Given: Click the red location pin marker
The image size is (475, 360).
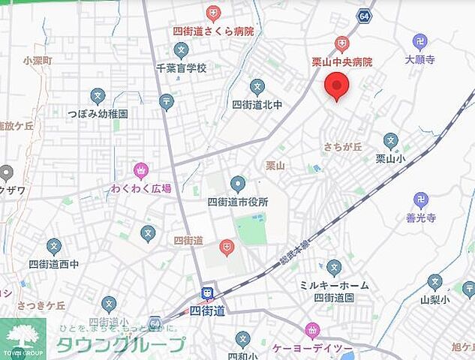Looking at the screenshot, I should coord(336,85).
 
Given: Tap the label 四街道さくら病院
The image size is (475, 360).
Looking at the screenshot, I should coord(213,31).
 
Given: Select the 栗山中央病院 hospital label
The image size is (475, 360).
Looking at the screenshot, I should coord(342,61).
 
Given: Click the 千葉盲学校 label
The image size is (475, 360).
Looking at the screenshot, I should coord(181,67).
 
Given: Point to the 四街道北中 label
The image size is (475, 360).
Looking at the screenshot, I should coord(257,104).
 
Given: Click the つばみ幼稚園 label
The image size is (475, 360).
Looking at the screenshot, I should coord(98,114).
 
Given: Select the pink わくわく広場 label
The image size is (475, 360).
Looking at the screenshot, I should coord(140,188).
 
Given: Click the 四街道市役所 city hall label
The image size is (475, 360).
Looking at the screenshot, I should coord(238,202).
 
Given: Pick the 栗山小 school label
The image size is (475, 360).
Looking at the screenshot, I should coord(390,158).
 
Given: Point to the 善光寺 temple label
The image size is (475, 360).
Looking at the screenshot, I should coord(420,217).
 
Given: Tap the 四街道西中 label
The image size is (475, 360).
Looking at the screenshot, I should coord(53,264).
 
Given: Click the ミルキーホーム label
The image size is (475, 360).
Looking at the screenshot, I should coord(334,285).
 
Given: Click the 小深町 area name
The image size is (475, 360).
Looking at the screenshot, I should coord(37,61).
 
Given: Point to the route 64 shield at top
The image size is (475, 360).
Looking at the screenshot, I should coord(364,15).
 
